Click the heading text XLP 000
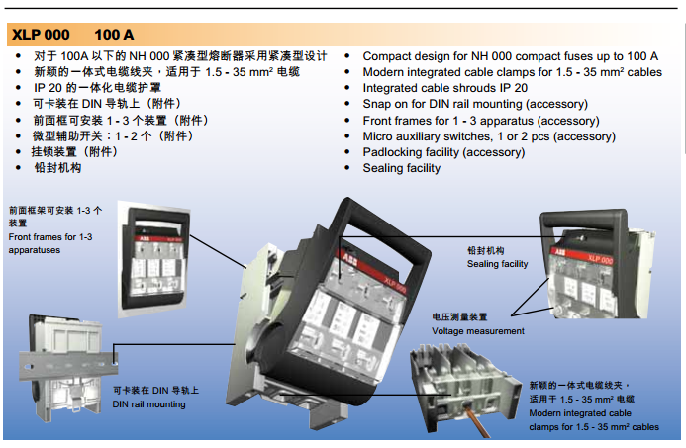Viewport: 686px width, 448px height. coord(42,36)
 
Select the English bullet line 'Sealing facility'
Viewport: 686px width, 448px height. coord(401,168)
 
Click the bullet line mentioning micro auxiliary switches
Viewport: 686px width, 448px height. coord(488,136)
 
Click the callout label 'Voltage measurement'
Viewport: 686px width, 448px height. coord(478,331)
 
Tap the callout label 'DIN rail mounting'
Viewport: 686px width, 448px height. coord(148,404)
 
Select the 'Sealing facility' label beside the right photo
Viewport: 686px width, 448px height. coord(497,264)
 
